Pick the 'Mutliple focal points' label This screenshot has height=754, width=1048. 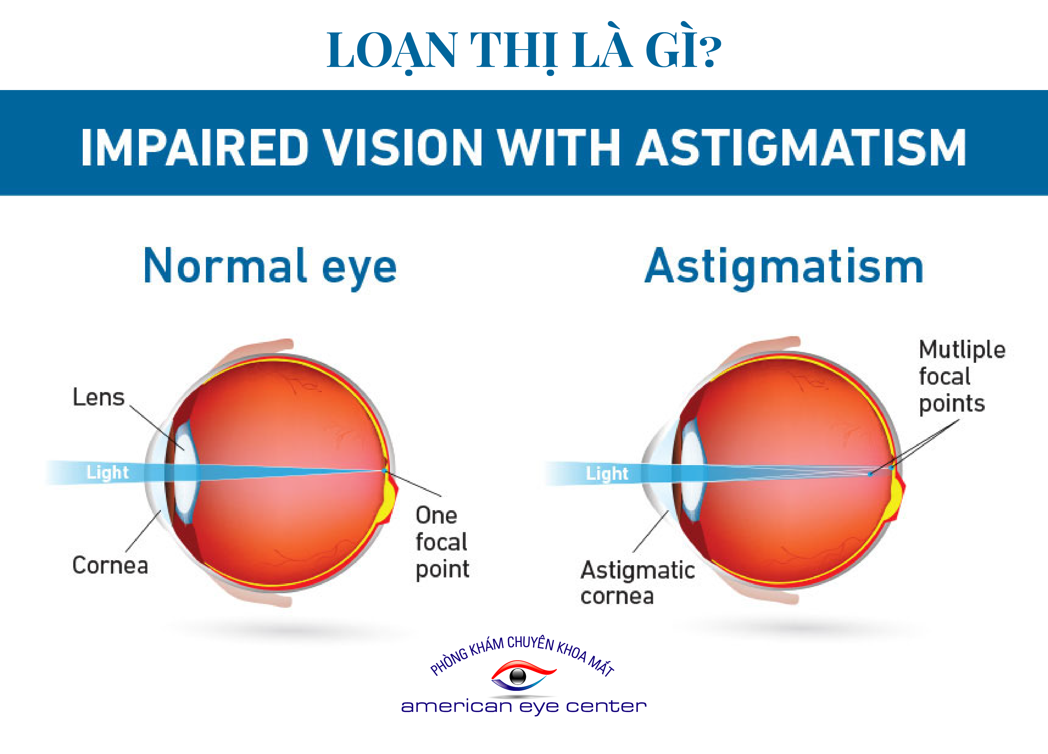[x=962, y=377]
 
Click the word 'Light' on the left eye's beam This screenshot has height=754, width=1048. [x=107, y=472]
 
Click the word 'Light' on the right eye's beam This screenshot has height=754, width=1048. [x=607, y=473]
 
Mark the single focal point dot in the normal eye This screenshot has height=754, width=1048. [x=384, y=471]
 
